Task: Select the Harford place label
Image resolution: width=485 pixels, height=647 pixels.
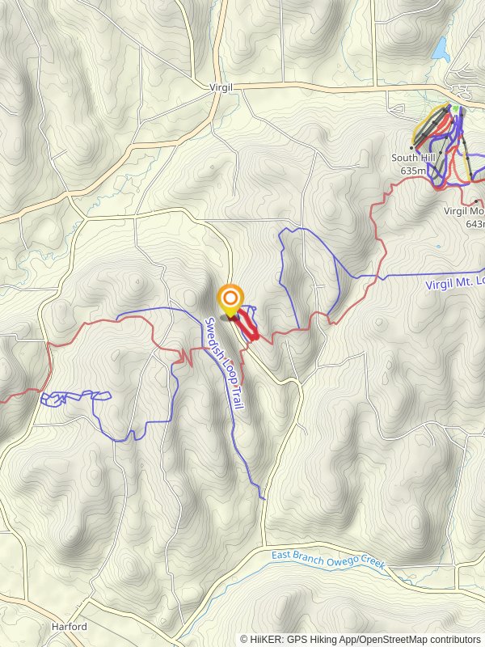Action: (69, 627)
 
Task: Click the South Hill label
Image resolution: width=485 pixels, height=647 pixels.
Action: (413, 159)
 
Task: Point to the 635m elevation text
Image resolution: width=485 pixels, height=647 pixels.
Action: (413, 171)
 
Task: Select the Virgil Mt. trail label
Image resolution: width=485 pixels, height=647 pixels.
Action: (455, 282)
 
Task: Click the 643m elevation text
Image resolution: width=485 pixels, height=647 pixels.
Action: (476, 223)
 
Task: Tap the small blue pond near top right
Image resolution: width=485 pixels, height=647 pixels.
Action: (441, 50)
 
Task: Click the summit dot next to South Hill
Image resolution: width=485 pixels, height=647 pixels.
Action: (411, 148)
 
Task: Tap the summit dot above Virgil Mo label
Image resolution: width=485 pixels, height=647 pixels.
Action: (477, 201)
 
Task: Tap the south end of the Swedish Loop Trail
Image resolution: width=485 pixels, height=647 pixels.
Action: (264, 498)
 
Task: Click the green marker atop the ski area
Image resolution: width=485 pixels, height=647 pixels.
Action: (455, 108)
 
